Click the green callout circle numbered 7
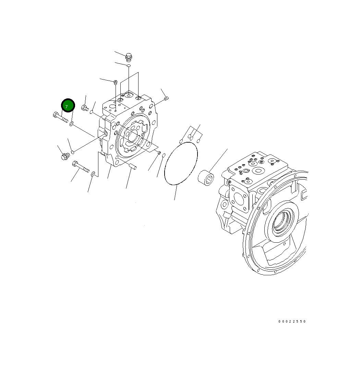[68, 106]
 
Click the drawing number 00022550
[292, 322]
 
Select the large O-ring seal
[181, 164]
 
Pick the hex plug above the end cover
[129, 56]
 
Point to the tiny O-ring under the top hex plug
[129, 65]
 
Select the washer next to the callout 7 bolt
[71, 124]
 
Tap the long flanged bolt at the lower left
[81, 167]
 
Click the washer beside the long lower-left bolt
[93, 175]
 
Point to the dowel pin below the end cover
[133, 167]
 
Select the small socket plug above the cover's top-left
[116, 82]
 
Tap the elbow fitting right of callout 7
[85, 108]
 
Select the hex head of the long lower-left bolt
[76, 165]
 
